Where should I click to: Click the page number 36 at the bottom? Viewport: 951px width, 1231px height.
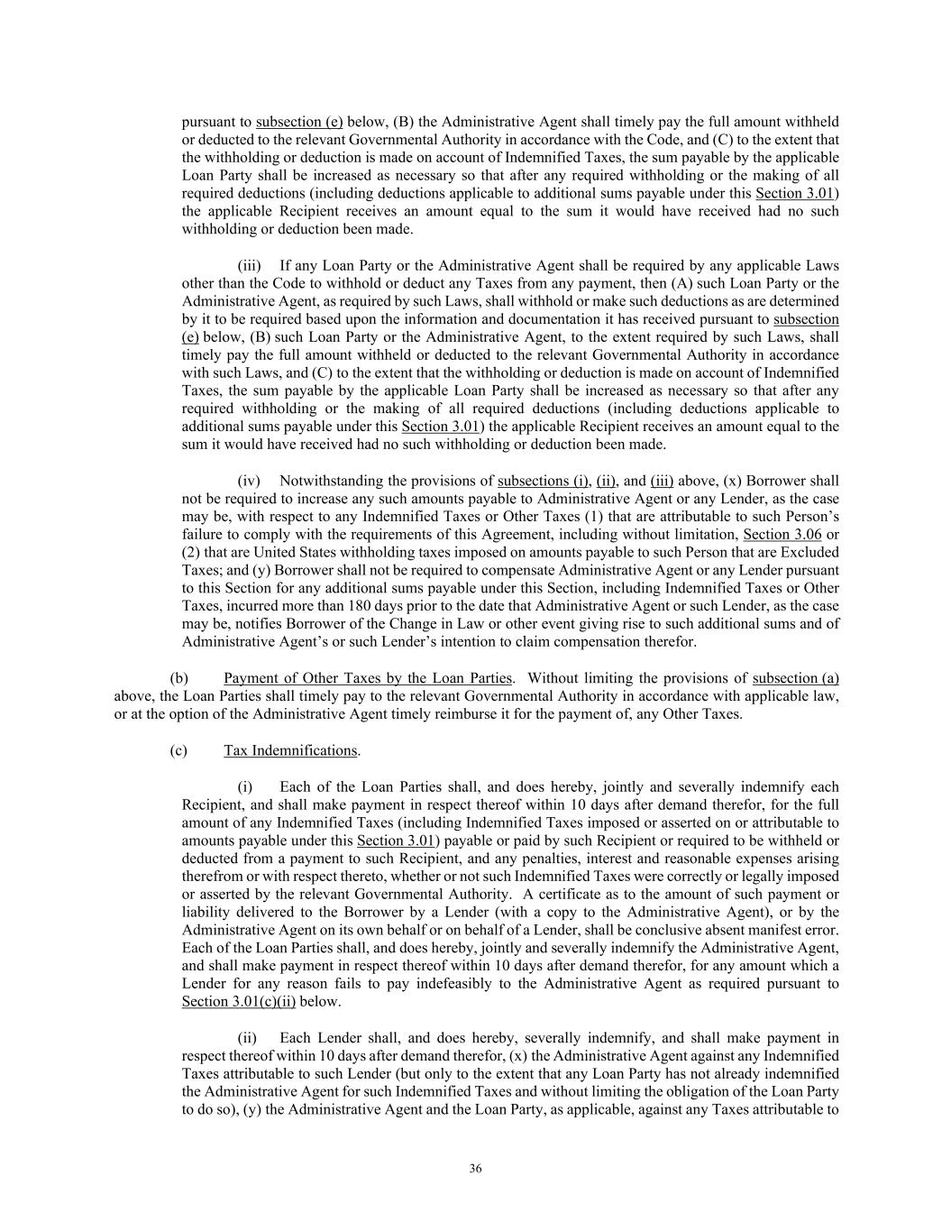coord(475,1170)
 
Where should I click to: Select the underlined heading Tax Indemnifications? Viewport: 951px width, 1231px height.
coord(291,750)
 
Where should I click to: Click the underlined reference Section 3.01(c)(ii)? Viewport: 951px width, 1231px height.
coord(238,1002)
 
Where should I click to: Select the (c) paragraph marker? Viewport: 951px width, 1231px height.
coord(178,750)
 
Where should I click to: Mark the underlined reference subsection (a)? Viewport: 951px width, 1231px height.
coord(795,678)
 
